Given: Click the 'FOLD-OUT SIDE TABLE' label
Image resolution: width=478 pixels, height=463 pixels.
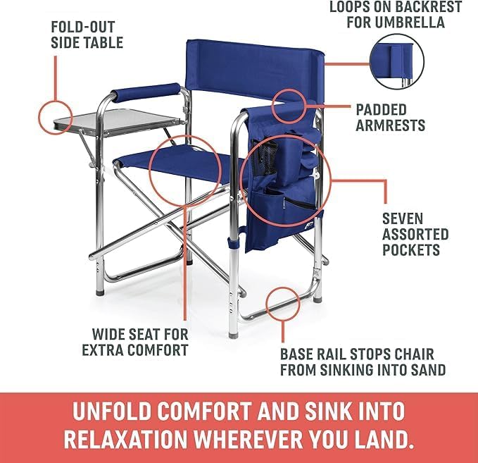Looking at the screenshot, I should [87, 35].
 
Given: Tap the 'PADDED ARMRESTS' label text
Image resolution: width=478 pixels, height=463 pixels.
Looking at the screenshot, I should [391, 118].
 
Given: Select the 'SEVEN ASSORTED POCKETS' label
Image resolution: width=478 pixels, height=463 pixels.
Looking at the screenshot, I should [415, 234].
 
